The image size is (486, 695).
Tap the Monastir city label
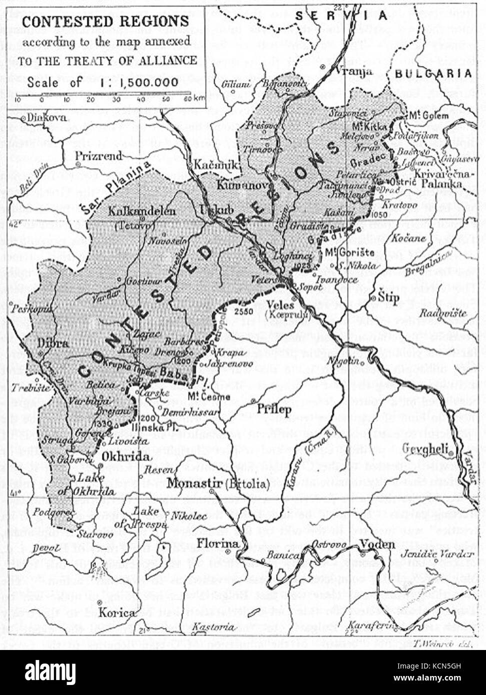pyautogui.click(x=190, y=483)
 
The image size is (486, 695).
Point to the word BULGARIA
pyautogui.click(x=433, y=73)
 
